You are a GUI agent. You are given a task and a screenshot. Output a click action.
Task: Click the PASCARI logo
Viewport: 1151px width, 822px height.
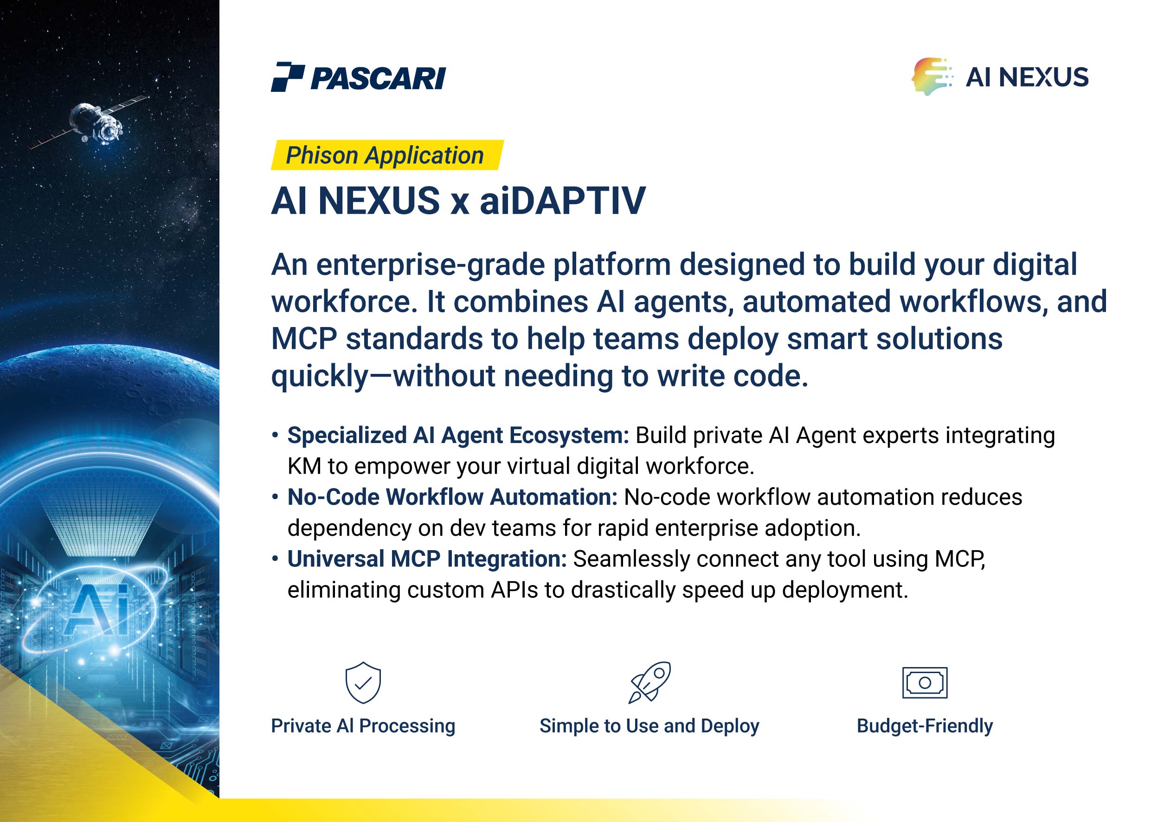pyautogui.click(x=358, y=77)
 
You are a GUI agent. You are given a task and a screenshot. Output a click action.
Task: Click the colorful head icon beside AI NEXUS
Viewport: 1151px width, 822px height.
pyautogui.click(x=932, y=77)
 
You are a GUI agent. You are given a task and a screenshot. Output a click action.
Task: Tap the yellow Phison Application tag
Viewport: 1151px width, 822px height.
pyautogui.click(x=387, y=155)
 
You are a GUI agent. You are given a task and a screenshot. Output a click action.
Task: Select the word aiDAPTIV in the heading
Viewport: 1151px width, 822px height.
pyautogui.click(x=562, y=200)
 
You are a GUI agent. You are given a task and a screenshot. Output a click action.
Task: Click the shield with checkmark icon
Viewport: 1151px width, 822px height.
pyautogui.click(x=363, y=682)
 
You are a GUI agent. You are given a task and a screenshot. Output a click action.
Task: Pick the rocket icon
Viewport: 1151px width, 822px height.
pyautogui.click(x=649, y=682)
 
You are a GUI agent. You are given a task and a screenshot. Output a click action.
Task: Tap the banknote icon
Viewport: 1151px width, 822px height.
pyautogui.click(x=925, y=682)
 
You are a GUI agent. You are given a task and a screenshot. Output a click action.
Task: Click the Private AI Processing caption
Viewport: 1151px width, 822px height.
pyautogui.click(x=363, y=726)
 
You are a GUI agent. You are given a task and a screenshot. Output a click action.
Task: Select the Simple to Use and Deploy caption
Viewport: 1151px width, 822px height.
pyautogui.click(x=649, y=726)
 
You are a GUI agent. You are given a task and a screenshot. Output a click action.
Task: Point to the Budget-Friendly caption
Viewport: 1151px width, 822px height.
pyautogui.click(x=925, y=726)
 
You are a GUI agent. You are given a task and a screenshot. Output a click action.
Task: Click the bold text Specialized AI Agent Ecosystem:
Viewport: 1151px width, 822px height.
pyautogui.click(x=458, y=435)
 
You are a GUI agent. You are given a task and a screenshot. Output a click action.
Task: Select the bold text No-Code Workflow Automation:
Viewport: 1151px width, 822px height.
pyautogui.click(x=452, y=497)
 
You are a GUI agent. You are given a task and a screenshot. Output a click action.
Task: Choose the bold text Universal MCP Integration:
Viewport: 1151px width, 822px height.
pyautogui.click(x=427, y=559)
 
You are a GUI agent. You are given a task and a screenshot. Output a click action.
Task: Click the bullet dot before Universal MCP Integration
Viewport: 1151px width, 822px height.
pyautogui.click(x=275, y=559)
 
